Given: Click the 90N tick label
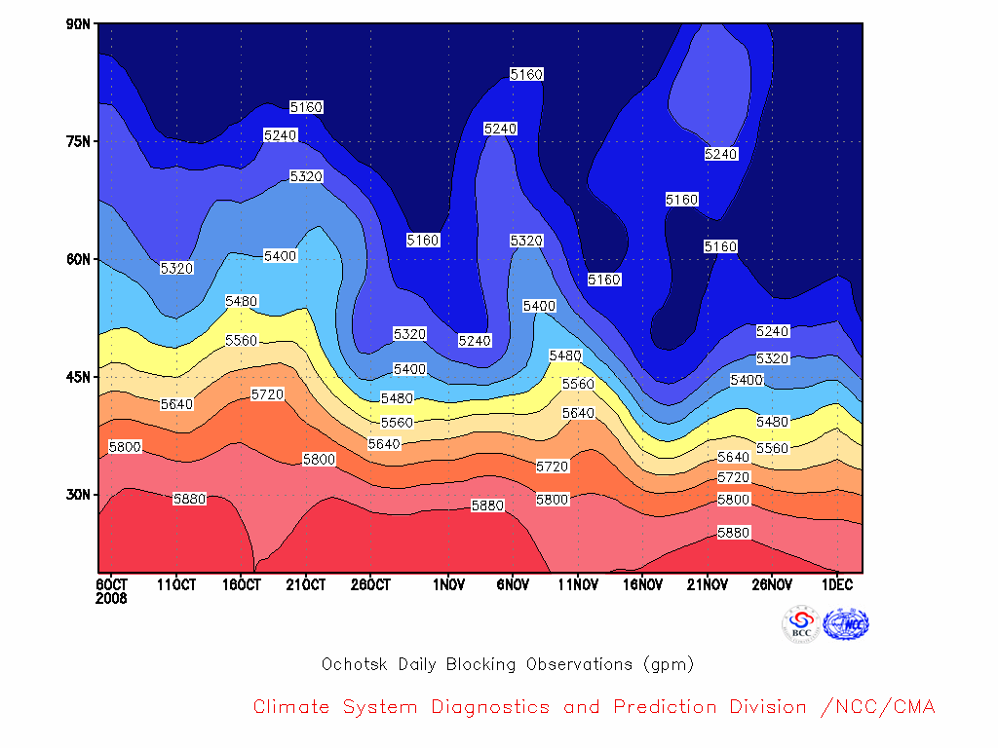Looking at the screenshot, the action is [x=78, y=24].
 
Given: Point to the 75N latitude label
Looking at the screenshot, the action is [x=78, y=141].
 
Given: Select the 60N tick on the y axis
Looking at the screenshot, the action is [x=78, y=259].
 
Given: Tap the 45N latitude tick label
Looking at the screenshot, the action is [x=78, y=377].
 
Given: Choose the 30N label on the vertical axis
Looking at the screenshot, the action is [x=78, y=495].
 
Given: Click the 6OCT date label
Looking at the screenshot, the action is [x=112, y=584].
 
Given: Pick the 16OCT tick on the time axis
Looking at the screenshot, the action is [x=242, y=584].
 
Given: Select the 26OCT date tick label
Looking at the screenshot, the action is [x=370, y=584].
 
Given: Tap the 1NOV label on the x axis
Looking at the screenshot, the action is [x=448, y=584].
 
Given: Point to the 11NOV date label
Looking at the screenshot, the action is [x=578, y=584].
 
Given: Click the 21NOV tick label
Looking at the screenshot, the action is [x=708, y=584].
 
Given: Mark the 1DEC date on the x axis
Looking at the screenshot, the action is [x=837, y=584].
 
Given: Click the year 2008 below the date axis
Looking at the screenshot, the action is [x=111, y=599].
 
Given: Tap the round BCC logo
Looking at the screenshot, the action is [x=801, y=624].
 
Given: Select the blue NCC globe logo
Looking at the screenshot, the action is [x=846, y=624].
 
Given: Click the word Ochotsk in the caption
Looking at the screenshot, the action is [x=355, y=664].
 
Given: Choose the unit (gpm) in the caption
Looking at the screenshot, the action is [x=669, y=664].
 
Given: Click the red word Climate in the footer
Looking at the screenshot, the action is [x=291, y=707].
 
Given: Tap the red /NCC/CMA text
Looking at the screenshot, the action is [x=878, y=707].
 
